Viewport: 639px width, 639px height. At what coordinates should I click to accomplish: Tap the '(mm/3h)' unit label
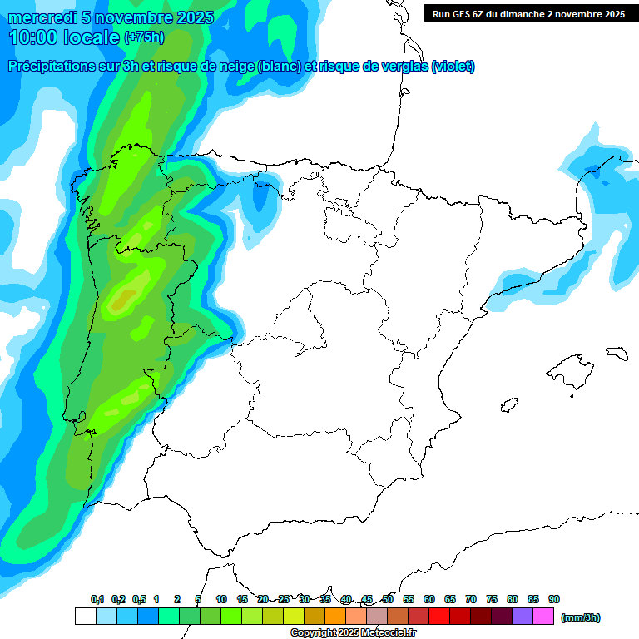(x=581, y=617)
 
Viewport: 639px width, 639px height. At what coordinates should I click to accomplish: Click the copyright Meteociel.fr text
(x=354, y=633)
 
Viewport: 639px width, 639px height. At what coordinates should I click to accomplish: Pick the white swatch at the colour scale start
(x=85, y=617)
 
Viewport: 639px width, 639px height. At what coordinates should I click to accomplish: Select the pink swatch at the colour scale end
(x=543, y=617)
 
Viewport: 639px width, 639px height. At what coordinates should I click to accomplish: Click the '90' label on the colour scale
(x=554, y=599)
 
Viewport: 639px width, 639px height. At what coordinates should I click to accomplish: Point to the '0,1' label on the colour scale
(x=97, y=599)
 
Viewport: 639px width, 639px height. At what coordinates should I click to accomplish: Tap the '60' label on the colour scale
(x=429, y=599)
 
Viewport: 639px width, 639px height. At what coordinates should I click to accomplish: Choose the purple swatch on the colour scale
(x=523, y=617)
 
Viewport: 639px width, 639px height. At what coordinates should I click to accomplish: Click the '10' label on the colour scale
(x=221, y=599)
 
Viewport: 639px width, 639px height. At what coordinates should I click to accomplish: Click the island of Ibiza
(x=507, y=406)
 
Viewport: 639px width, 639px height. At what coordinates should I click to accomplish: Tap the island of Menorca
(x=616, y=353)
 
